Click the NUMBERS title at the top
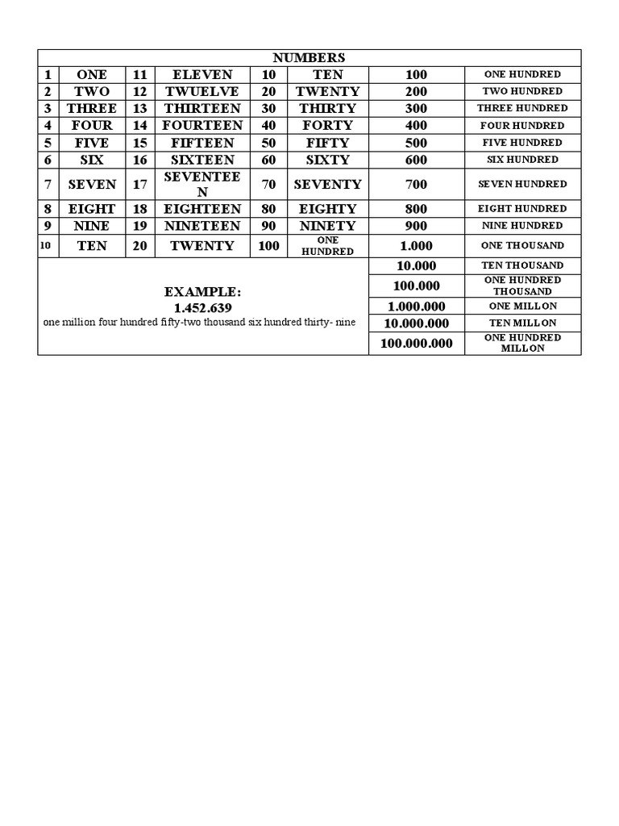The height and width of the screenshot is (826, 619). (309, 57)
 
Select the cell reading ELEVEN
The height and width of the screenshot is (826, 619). (201, 74)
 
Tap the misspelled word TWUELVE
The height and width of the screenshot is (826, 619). (201, 92)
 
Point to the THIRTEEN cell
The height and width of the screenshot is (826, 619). (201, 108)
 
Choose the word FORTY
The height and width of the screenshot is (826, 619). (327, 125)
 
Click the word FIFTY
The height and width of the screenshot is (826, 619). (327, 143)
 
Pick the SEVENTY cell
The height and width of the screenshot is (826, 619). (327, 184)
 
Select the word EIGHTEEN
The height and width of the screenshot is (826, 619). (201, 209)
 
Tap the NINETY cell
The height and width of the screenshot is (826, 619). (327, 226)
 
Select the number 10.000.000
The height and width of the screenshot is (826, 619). (417, 323)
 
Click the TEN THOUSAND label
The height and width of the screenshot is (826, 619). (522, 265)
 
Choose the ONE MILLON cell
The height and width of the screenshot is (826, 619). (522, 307)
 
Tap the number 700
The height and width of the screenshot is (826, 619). (417, 184)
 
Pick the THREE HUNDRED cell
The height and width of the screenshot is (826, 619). (522, 108)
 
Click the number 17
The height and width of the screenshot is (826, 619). (140, 184)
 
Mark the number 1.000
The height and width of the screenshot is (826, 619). (417, 245)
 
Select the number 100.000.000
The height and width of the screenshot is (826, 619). (417, 343)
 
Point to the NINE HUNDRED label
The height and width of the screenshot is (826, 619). (522, 226)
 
